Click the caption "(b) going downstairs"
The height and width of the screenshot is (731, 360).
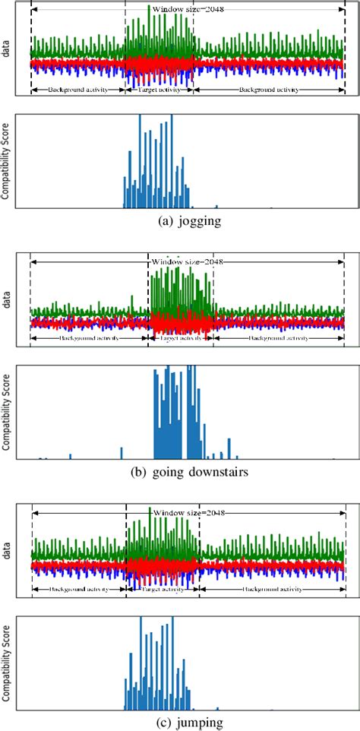[x=181, y=471]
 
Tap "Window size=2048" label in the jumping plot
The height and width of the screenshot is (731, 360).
[x=188, y=513]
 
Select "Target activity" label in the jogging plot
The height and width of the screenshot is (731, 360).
[x=159, y=89]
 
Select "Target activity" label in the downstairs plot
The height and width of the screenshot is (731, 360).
[x=180, y=337]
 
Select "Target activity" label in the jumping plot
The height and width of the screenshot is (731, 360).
[x=161, y=589]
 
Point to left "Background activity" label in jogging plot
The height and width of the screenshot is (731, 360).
[x=77, y=89]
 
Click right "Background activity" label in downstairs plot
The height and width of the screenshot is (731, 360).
[x=278, y=337]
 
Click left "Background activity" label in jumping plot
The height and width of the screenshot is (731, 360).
[x=77, y=589]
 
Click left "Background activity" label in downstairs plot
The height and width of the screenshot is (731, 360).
[x=89, y=337]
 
